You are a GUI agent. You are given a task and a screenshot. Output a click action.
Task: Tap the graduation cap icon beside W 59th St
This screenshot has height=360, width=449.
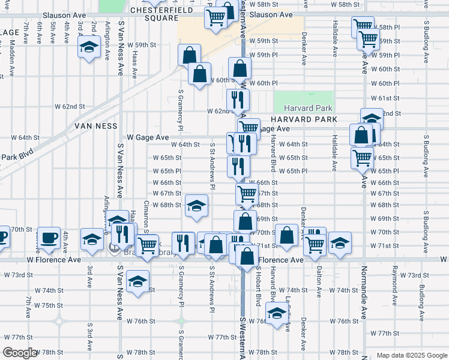[x=89, y=47]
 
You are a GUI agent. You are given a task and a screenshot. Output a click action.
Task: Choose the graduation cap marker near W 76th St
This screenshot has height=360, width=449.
[x=277, y=314]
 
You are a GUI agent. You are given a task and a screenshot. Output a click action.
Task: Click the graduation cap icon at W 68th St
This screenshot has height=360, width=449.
[x=196, y=206]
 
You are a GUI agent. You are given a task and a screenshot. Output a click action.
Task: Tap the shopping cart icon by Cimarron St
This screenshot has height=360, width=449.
[x=147, y=244]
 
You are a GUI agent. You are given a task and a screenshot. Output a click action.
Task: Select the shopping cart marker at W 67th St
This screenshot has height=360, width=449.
[x=247, y=194]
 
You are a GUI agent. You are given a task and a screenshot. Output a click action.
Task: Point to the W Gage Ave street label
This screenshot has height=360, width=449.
[x=148, y=137]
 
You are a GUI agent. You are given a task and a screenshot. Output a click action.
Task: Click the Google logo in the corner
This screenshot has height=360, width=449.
[x=20, y=353]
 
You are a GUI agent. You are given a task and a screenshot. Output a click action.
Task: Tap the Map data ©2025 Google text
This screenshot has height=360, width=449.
[x=411, y=355]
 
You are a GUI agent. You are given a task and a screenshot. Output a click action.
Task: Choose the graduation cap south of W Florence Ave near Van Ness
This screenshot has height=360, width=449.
[x=138, y=282]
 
